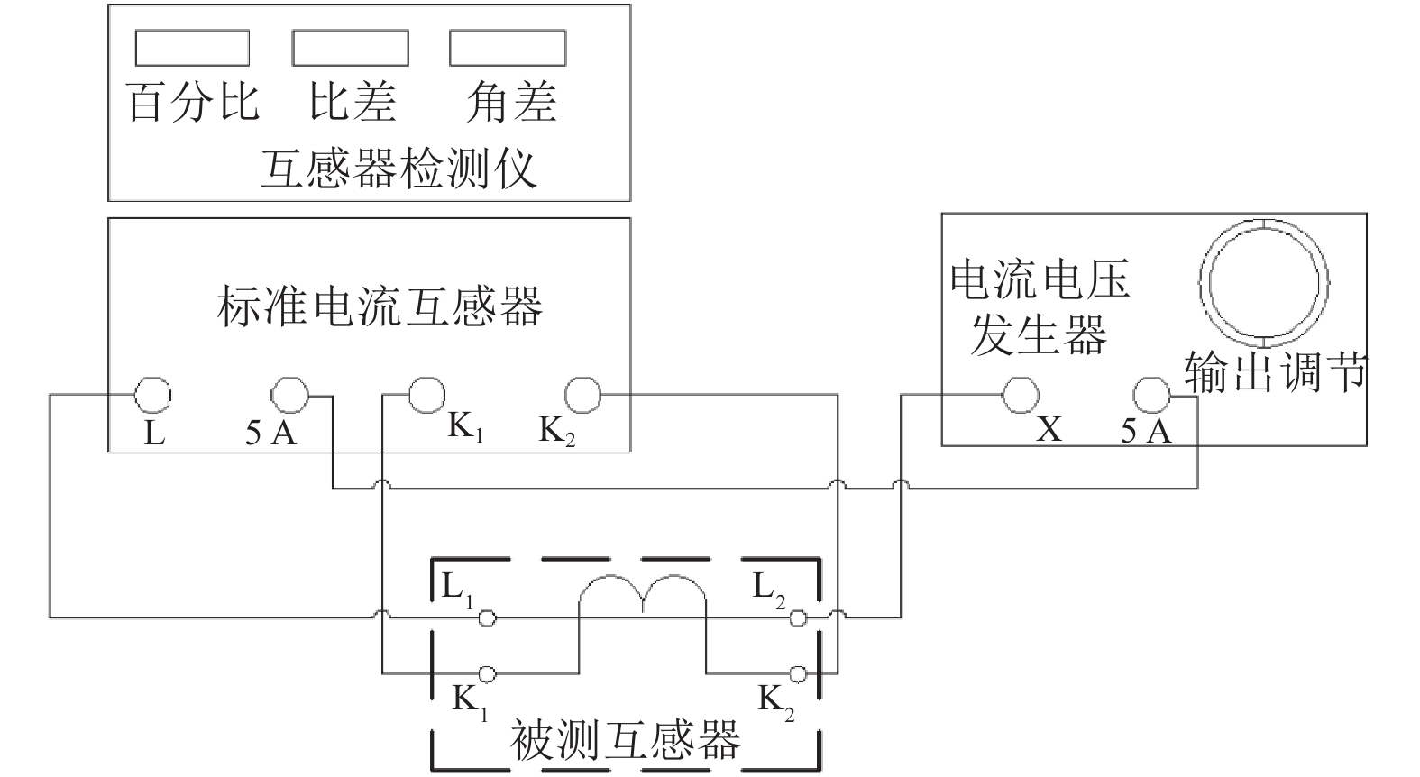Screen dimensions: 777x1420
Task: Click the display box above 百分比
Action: (x=192, y=48)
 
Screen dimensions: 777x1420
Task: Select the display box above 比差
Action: (x=350, y=48)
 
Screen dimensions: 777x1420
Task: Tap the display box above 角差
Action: (x=508, y=48)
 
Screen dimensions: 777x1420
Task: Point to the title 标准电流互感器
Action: (x=380, y=306)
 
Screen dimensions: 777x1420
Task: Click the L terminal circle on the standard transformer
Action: (x=152, y=394)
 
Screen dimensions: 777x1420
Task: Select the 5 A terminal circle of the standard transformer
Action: (x=290, y=394)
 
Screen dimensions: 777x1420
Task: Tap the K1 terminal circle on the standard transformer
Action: (x=426, y=394)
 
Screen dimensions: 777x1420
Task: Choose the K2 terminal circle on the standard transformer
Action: (x=582, y=394)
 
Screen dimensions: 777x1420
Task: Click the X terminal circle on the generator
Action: (x=1021, y=394)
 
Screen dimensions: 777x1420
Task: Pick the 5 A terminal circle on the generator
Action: (x=1152, y=394)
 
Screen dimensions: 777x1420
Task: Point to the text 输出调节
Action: (x=1275, y=371)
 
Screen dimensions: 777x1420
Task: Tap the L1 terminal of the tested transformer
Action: (x=487, y=617)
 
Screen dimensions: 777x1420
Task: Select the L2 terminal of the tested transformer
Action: (x=797, y=617)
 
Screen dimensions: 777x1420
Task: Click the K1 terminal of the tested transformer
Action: (x=487, y=673)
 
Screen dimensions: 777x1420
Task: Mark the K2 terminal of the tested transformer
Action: (x=797, y=673)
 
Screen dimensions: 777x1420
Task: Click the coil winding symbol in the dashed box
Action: (x=642, y=595)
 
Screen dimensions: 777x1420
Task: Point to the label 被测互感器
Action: (x=625, y=739)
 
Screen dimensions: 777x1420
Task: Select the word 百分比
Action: (x=193, y=102)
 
